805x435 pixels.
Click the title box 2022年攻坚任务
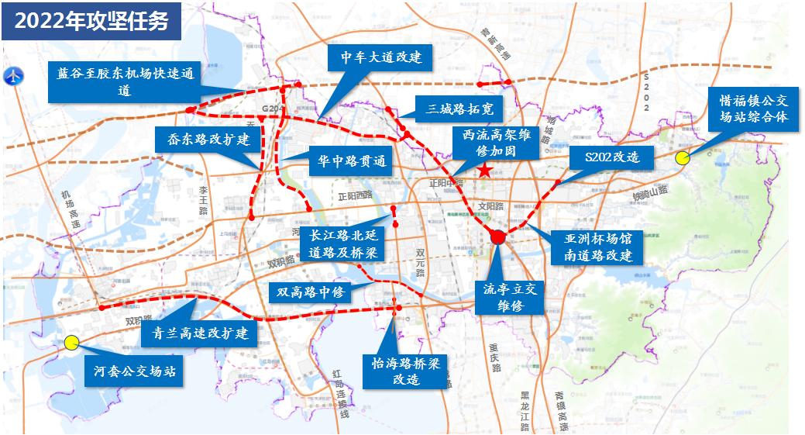(91, 22)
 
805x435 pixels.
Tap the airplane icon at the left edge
(14, 78)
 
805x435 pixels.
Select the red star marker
(484, 170)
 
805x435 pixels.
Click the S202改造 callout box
(613, 157)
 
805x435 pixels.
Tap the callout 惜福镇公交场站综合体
(753, 109)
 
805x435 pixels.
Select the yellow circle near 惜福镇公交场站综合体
(683, 158)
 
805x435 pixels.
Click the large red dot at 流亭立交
(497, 238)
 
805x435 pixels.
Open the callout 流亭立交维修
(510, 297)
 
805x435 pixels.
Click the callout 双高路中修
(310, 292)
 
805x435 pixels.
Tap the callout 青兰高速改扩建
(199, 333)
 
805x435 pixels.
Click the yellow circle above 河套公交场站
(71, 341)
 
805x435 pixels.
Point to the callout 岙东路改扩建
(203, 141)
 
